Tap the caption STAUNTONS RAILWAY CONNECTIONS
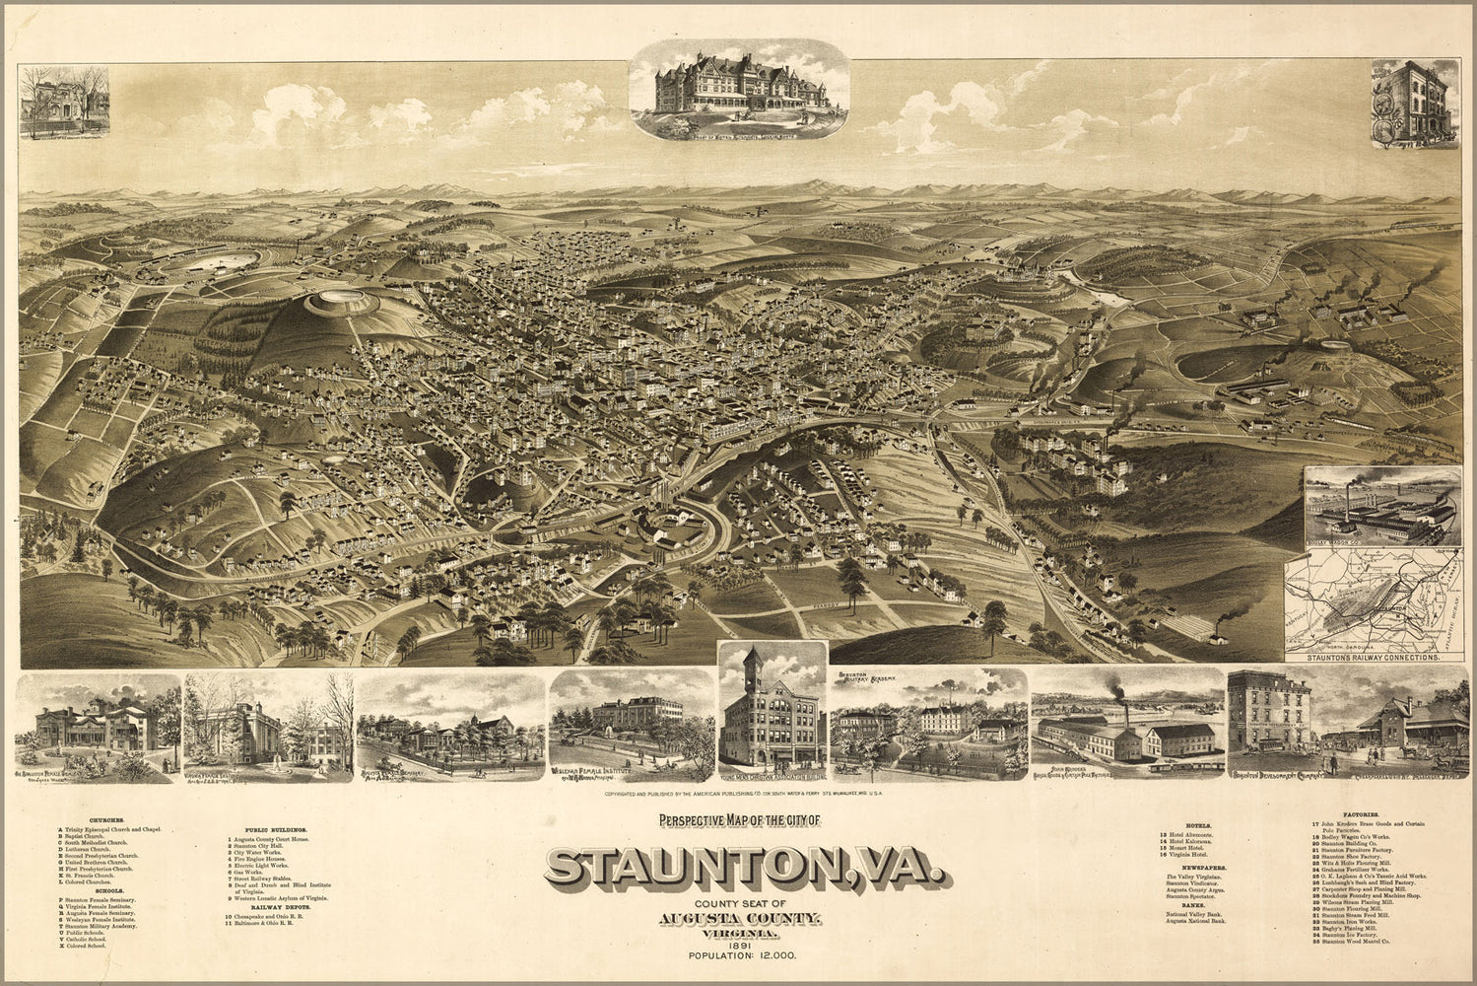(x=1372, y=655)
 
